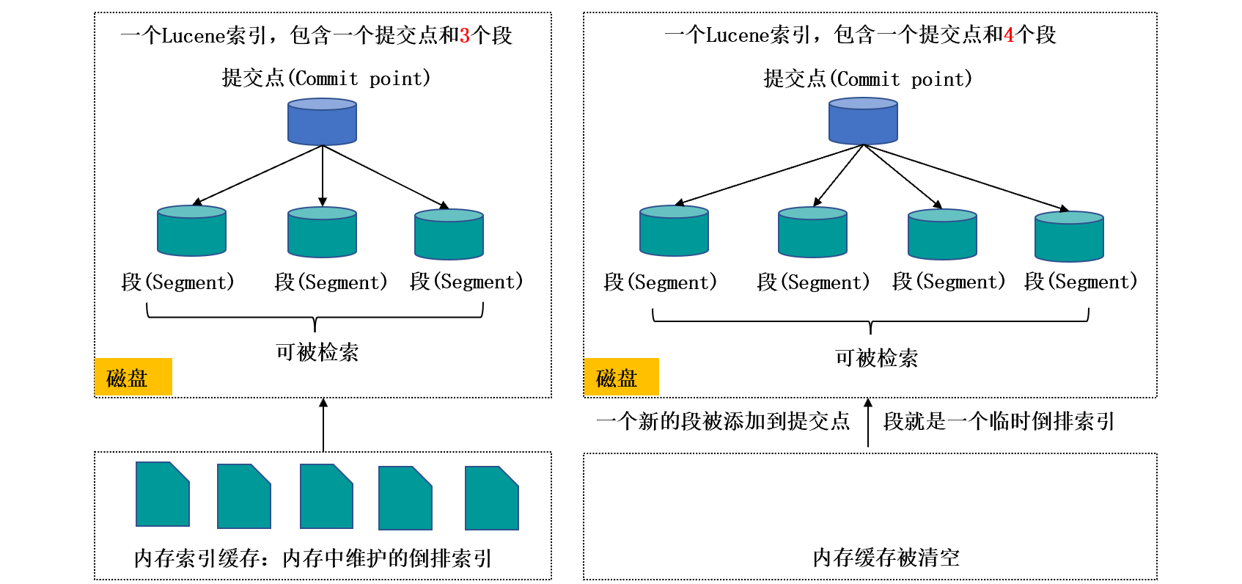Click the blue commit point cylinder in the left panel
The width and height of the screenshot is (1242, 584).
tap(322, 122)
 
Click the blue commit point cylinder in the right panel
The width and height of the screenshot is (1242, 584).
tap(863, 122)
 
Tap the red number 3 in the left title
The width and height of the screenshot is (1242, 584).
tap(464, 35)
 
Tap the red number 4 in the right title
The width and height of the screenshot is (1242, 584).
tap(1009, 35)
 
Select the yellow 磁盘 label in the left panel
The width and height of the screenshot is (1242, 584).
tap(133, 377)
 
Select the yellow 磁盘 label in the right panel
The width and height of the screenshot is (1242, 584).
tap(621, 377)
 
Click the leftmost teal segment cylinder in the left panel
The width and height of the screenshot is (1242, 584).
tap(191, 231)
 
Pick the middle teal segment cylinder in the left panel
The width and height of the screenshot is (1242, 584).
tap(322, 233)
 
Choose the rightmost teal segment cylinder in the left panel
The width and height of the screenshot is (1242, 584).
tap(449, 235)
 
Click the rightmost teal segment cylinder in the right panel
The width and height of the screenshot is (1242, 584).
tap(1069, 237)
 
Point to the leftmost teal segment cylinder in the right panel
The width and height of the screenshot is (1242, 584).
tap(674, 231)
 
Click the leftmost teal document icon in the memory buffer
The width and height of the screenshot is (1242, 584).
tap(163, 494)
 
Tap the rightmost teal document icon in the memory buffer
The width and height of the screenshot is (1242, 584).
tap(492, 498)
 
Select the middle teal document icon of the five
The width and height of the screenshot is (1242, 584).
tap(326, 496)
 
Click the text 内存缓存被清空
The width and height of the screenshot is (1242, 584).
tap(886, 558)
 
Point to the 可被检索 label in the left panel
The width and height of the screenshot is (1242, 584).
tap(317, 352)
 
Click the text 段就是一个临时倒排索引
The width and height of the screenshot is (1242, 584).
tap(999, 421)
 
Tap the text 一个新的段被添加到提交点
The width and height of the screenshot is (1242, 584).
tap(723, 421)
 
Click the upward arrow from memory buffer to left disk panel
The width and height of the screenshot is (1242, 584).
tap(323, 425)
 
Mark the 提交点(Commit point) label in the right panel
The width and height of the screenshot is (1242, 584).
tap(867, 79)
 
